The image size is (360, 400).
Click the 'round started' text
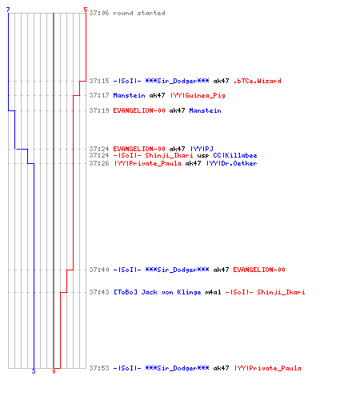(139, 13)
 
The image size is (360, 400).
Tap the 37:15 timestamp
(99, 81)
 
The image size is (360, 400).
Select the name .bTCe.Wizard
(257, 81)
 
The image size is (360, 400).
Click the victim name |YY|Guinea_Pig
(198, 95)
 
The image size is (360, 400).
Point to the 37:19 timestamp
(99, 110)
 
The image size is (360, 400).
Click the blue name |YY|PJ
(202, 149)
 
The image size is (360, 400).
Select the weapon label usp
(203, 156)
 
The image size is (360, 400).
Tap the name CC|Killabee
(235, 155)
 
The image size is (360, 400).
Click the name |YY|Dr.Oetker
(231, 163)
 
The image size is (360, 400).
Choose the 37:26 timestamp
(99, 163)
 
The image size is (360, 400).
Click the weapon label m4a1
(213, 292)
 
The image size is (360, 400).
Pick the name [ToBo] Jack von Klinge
(158, 292)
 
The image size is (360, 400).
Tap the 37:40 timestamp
(99, 270)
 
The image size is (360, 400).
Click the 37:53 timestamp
(99, 368)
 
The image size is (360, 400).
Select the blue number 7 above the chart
(8, 10)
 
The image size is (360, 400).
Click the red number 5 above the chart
(86, 10)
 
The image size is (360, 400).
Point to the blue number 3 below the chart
(34, 371)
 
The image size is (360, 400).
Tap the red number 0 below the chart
(54, 371)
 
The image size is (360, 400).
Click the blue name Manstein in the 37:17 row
(129, 95)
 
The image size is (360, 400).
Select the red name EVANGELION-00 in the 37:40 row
(259, 270)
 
